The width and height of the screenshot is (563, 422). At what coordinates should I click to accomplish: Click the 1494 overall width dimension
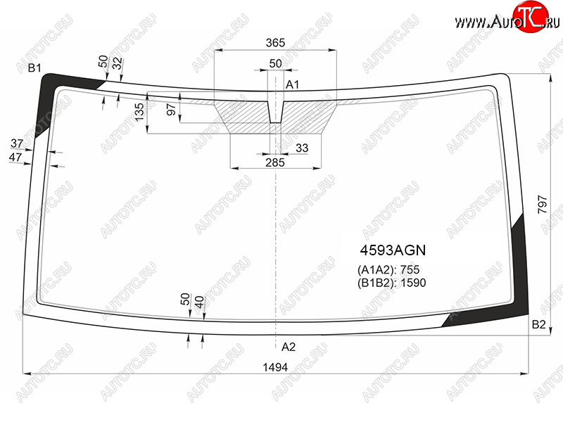pyautogui.click(x=275, y=367)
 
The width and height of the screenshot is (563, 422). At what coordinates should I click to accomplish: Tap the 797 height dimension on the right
pyautogui.click(x=543, y=205)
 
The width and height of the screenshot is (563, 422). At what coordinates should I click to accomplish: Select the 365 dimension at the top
pyautogui.click(x=275, y=43)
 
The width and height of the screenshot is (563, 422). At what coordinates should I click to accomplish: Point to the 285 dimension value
pyautogui.click(x=275, y=162)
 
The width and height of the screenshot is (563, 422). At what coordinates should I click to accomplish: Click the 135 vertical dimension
pyautogui.click(x=139, y=112)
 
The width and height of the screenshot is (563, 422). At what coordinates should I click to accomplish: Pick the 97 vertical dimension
pyautogui.click(x=171, y=110)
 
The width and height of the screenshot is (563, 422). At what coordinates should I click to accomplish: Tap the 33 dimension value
pyautogui.click(x=302, y=148)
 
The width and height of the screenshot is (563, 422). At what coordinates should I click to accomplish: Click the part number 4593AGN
pyautogui.click(x=393, y=250)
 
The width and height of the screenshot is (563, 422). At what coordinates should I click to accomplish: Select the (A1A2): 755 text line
pyautogui.click(x=388, y=269)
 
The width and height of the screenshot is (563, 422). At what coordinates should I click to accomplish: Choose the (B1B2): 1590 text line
pyautogui.click(x=392, y=283)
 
